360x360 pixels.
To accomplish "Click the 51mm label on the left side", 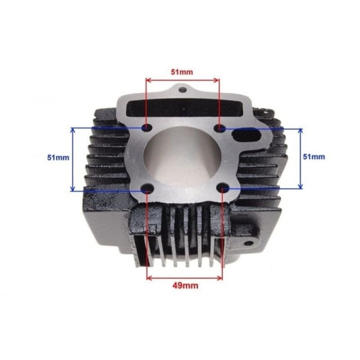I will [x=58, y=157].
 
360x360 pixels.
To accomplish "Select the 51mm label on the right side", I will [x=314, y=157].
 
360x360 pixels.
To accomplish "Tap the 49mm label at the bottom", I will [x=185, y=286].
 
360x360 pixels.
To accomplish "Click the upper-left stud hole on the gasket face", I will [x=147, y=128].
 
